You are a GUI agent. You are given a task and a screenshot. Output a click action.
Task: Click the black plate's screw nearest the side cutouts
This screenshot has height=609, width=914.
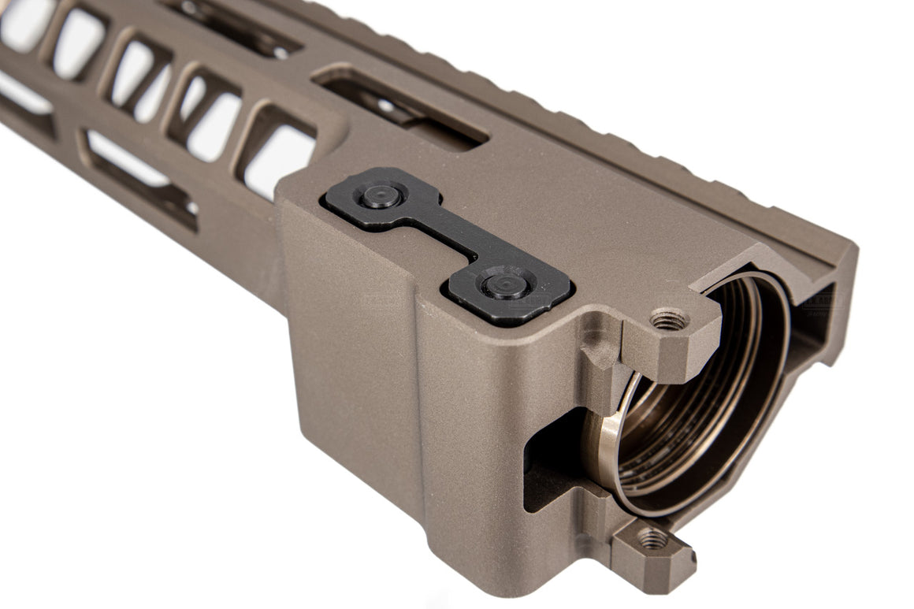coord(381,195)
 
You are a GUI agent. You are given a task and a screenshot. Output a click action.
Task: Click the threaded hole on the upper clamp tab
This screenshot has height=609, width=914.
coord(667,320)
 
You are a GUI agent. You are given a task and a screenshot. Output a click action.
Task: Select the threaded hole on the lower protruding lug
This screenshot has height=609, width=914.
coord(652,539)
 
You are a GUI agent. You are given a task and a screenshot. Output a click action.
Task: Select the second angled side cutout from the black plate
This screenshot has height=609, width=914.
coord(209,114)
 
